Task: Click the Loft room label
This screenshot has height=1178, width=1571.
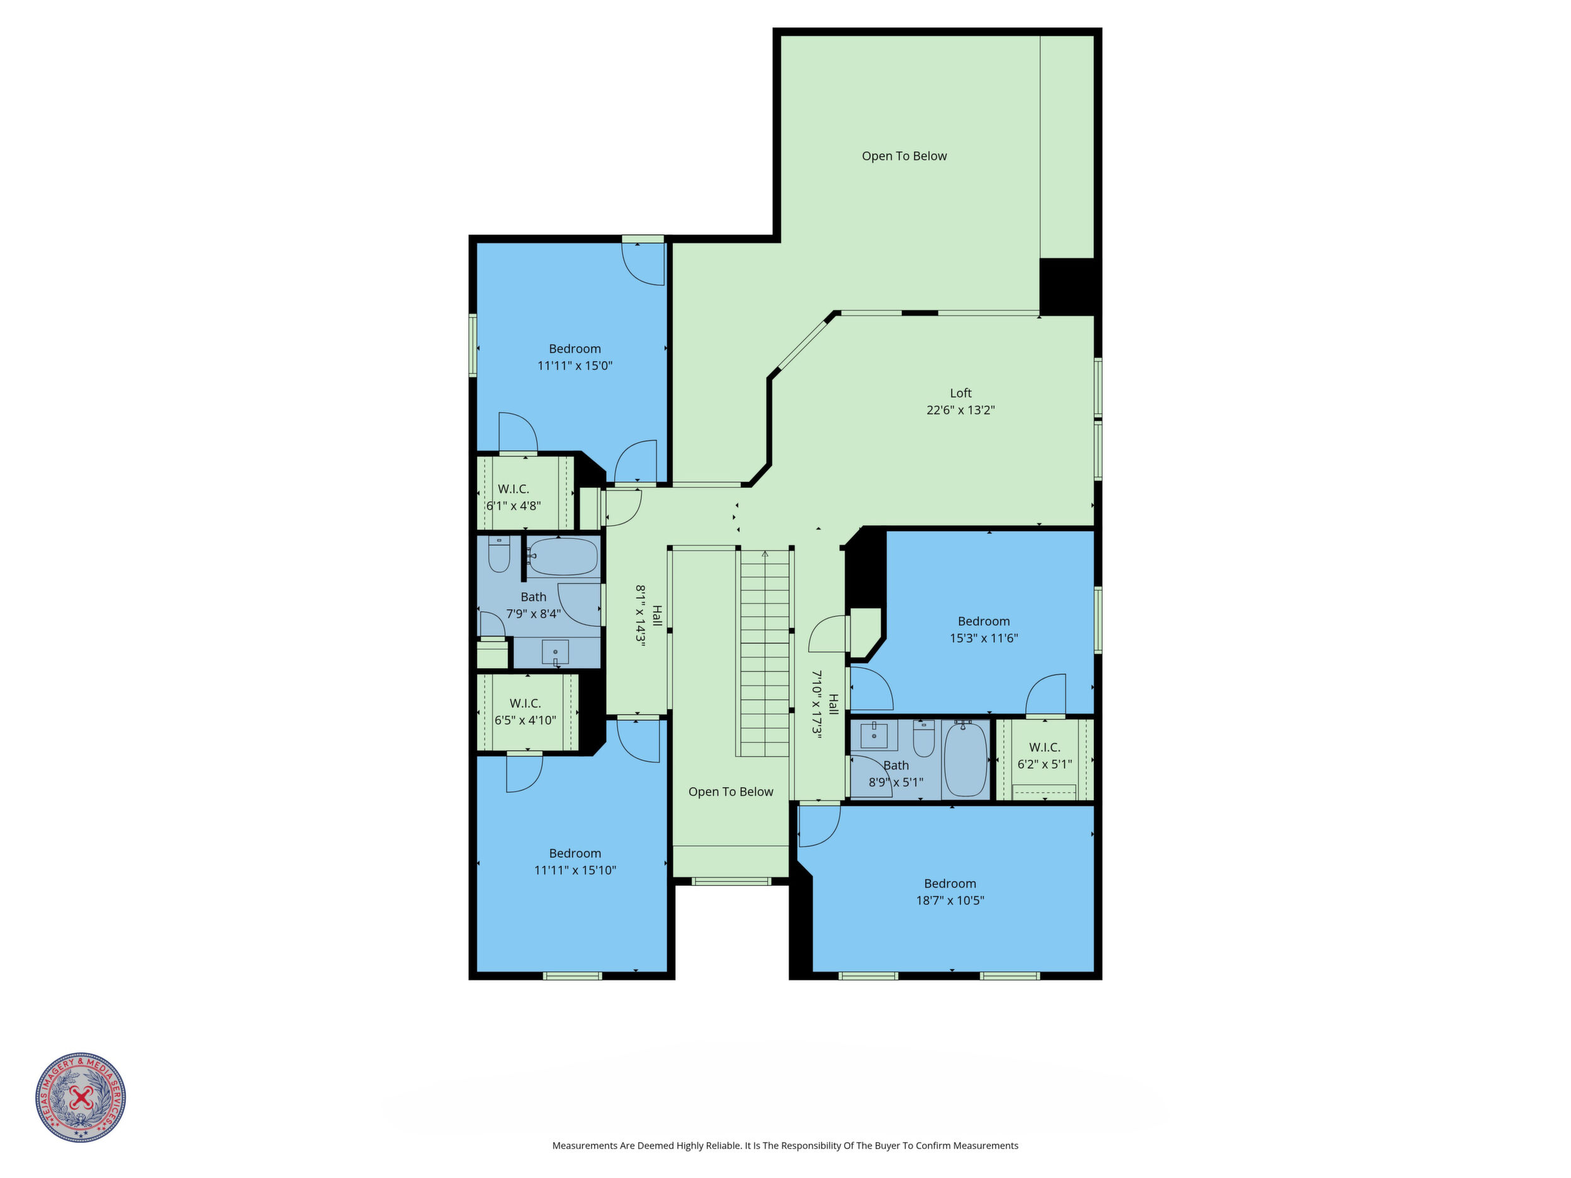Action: click(960, 393)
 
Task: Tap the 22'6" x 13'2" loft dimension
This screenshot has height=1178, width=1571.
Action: click(960, 410)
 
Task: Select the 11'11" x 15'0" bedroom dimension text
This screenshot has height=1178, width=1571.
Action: click(575, 366)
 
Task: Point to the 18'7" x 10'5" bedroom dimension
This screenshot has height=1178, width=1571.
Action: click(950, 901)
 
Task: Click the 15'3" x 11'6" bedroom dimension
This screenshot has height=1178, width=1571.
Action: click(984, 638)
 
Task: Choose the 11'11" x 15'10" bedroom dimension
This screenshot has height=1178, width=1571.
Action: click(575, 870)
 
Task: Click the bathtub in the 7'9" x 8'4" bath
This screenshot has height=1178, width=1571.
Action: click(563, 558)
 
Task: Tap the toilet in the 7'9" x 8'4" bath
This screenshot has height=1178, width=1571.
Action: click(499, 554)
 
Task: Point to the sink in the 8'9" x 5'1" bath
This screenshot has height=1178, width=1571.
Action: click(874, 736)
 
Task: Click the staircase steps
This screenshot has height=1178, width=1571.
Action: click(765, 654)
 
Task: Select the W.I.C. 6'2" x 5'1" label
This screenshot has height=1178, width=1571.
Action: click(1044, 756)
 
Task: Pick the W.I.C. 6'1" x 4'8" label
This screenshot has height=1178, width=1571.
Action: click(513, 498)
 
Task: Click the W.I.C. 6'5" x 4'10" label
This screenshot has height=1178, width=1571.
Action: click(525, 712)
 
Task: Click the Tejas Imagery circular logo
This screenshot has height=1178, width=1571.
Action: click(81, 1097)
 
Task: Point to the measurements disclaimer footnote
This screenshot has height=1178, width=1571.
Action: click(785, 1145)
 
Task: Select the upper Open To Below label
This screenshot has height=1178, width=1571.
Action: click(904, 156)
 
